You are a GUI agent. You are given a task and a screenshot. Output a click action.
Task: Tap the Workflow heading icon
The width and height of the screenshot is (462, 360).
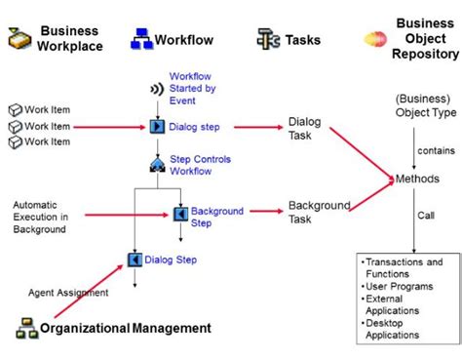141,39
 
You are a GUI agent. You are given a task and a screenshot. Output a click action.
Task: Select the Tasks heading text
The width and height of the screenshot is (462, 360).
303,40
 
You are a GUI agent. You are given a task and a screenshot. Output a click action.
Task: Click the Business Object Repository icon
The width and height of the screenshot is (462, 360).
375,39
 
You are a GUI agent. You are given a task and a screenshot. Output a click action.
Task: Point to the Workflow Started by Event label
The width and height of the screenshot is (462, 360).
190,88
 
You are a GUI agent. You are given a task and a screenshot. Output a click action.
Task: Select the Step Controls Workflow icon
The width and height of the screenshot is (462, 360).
156,164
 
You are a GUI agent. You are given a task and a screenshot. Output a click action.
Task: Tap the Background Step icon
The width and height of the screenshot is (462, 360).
180,214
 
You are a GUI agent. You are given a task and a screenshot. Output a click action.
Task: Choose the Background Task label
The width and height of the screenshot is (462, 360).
319,212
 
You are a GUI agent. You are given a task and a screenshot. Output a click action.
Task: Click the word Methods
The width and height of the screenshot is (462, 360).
418,180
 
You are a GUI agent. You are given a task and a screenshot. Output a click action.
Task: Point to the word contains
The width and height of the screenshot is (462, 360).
435,150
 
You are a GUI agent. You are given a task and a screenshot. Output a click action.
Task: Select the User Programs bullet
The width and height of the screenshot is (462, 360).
397,287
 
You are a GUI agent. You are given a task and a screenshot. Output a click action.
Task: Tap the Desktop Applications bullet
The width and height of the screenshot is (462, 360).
398,329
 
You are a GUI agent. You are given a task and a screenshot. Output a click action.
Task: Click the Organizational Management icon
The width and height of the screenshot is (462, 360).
26,329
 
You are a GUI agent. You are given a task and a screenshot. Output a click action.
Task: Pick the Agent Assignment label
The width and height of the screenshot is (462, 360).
68,292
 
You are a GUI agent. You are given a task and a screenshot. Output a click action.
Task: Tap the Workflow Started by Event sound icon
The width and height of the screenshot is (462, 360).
155,89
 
